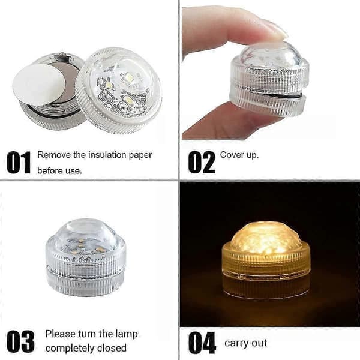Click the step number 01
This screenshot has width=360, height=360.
click(x=19, y=163)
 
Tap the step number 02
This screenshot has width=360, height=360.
click(x=202, y=162)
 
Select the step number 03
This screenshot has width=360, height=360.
click(x=20, y=341)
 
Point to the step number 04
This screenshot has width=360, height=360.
click(x=202, y=343)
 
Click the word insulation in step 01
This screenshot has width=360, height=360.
click(x=107, y=155)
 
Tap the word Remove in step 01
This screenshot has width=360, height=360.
click(x=54, y=155)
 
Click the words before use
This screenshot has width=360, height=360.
click(x=59, y=170)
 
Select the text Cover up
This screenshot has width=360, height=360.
click(x=239, y=155)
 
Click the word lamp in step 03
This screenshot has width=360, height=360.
click(x=127, y=334)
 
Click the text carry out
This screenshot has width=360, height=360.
click(x=245, y=343)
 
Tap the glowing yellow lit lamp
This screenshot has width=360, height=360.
click(x=266, y=259)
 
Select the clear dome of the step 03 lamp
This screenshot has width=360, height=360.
click(x=86, y=235)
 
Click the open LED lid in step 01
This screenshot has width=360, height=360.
click(x=118, y=91)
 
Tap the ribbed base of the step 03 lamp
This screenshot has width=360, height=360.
click(x=85, y=282)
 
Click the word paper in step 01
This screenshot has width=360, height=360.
click(x=140, y=155)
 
